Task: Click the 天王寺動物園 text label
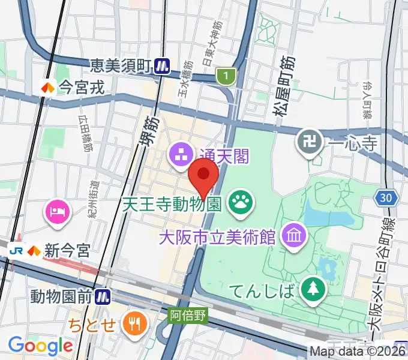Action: (x=173, y=205)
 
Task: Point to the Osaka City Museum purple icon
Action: (x=294, y=234)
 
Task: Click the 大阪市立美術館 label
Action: (x=217, y=235)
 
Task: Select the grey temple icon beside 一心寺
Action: (x=309, y=143)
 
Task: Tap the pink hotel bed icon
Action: (x=58, y=211)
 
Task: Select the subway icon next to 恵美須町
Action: (x=161, y=65)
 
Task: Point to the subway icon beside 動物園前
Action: (x=104, y=295)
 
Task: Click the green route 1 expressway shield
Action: (x=225, y=76)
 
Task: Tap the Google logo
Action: (x=40, y=346)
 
